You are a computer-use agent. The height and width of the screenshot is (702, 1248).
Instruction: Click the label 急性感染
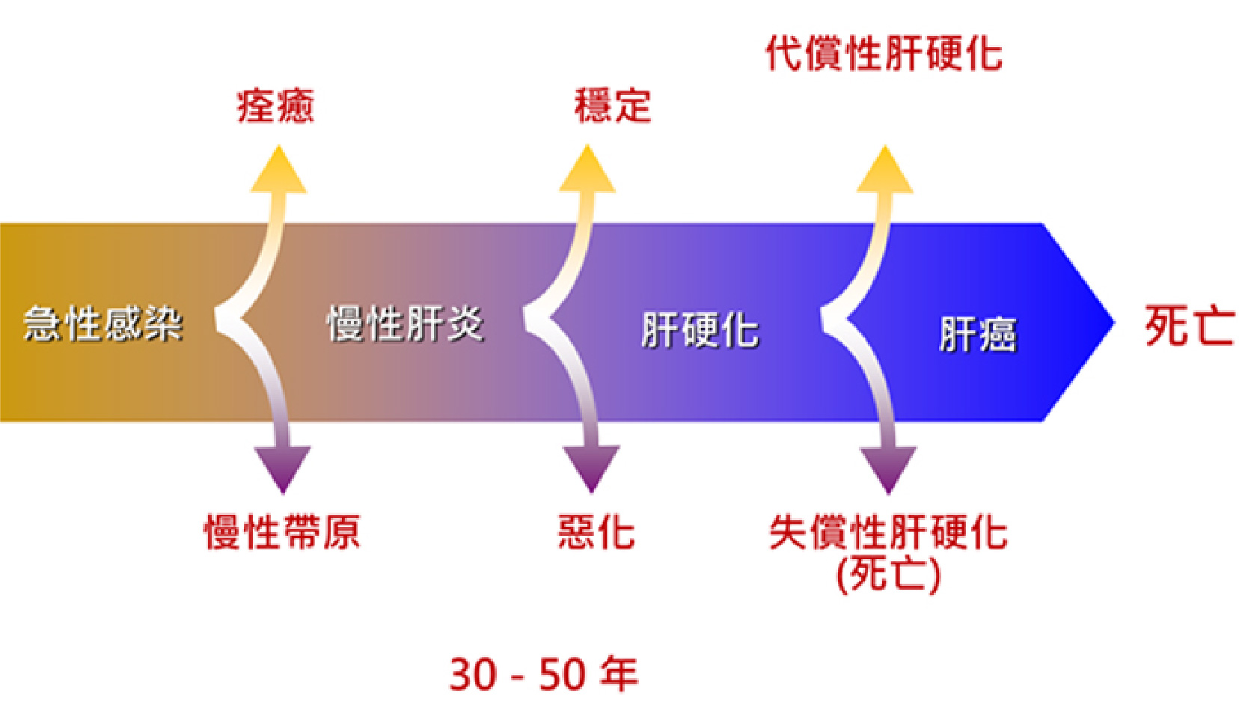point(103,323)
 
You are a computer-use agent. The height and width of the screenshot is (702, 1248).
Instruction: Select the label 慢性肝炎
point(406,323)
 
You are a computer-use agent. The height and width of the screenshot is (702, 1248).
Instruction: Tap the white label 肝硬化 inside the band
point(700,330)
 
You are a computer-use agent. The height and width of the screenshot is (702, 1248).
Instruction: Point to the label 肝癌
point(977,334)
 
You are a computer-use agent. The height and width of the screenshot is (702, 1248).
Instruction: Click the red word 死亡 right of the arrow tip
point(1189,326)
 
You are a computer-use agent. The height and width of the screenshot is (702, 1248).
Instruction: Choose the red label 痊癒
point(275,106)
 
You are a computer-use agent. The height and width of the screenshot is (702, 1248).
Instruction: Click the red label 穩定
point(613,106)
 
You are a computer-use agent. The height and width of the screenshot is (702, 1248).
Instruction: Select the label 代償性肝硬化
point(884,54)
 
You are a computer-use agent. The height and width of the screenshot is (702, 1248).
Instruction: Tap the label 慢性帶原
point(282,532)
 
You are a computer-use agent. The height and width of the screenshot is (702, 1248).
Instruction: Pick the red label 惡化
point(596,532)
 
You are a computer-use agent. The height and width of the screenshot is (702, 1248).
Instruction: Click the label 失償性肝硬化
point(888,532)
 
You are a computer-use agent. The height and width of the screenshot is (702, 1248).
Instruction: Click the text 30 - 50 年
point(544,674)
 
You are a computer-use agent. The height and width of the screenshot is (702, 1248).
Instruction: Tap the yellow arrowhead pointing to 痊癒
point(278,171)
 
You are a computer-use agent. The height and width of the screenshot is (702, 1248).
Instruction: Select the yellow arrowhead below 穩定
point(587,171)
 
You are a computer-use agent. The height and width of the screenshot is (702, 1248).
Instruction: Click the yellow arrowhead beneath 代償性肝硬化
point(884,171)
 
